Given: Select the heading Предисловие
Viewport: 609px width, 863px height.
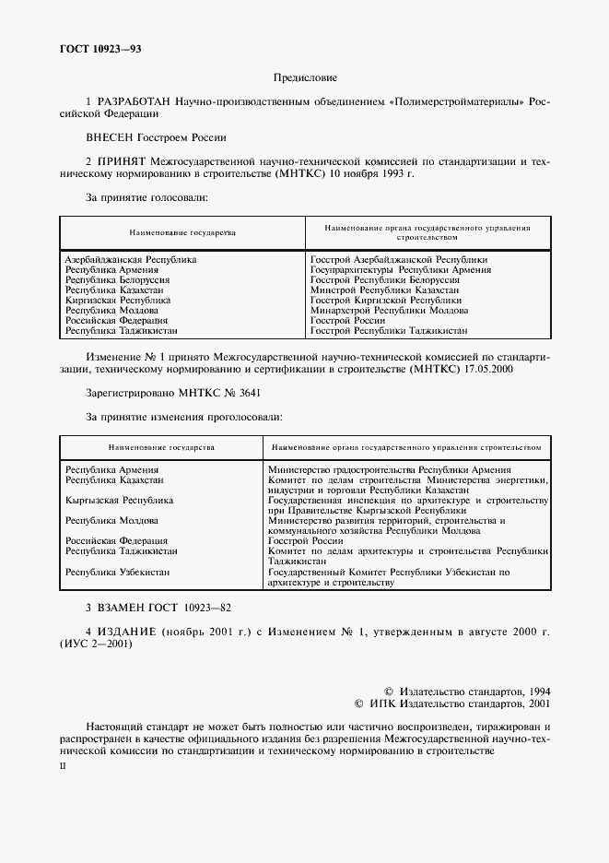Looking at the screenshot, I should coord(305,79).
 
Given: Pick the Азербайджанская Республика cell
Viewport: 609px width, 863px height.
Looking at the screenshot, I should coord(131,260).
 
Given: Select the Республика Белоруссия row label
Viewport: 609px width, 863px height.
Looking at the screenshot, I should coord(118,279).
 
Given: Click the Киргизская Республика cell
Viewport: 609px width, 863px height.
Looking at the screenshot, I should coord(118,300).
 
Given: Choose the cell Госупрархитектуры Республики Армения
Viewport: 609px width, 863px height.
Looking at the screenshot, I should coord(401,270).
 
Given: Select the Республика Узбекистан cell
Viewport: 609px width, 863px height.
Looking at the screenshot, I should coord(117,573).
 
